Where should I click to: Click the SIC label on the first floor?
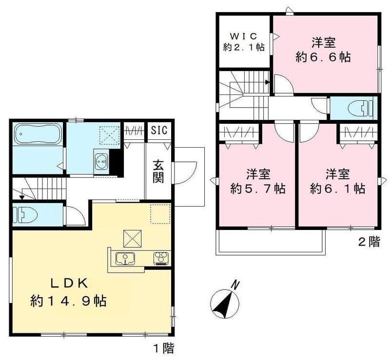coord(159,130)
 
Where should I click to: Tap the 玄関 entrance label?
coord(158,171)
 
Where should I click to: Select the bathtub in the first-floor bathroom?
coord(38,134)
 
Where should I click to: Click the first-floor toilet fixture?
coord(25,214)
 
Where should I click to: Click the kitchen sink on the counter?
coord(125,259)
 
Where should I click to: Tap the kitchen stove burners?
coord(161,258)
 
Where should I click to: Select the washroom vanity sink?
coord(101,161)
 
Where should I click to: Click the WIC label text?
coord(243,37)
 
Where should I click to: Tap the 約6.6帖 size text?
coord(323,57)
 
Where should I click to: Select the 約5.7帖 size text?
coord(258,189)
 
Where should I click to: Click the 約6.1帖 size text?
coord(337,189)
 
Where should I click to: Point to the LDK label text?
coord(69,284)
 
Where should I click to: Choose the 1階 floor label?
coord(164,348)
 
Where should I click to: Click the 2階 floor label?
coord(370,242)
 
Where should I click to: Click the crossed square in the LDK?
coord(133,239)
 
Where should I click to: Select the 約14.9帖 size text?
coord(69,302)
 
